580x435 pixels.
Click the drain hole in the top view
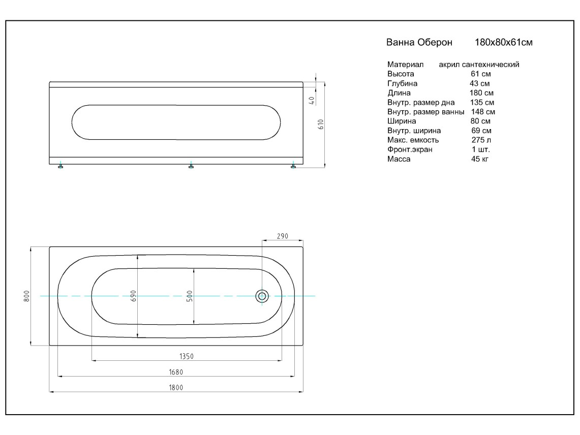(262, 296)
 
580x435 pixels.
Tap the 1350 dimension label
(187, 356)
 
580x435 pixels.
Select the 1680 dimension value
(176, 372)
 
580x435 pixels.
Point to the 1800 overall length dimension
(176, 388)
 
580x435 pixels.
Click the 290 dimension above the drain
(282, 236)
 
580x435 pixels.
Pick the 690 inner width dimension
(134, 296)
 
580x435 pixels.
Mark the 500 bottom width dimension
(190, 296)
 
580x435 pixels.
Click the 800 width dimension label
(26, 296)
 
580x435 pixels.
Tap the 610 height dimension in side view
(321, 125)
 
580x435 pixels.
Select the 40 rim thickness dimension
(312, 101)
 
